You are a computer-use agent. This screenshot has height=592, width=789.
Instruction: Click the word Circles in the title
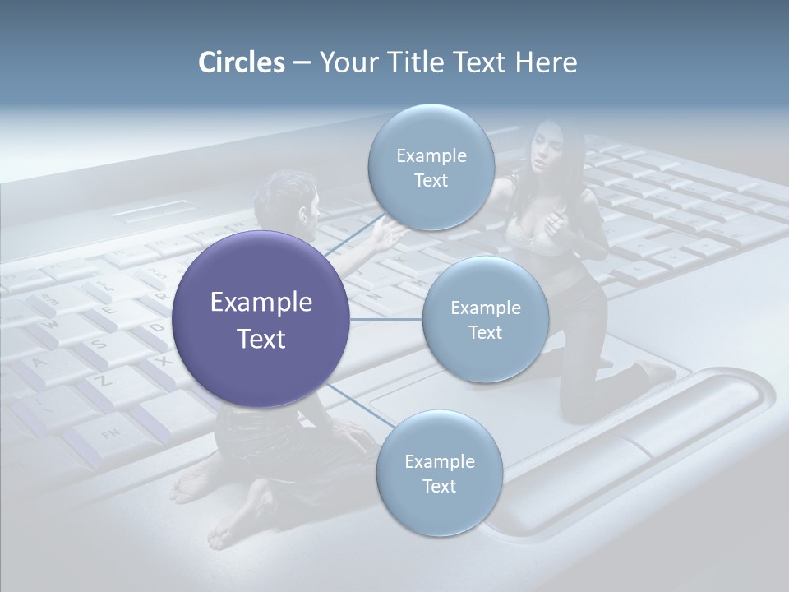click(241, 62)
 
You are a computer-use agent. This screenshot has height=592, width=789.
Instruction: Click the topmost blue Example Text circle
click(431, 167)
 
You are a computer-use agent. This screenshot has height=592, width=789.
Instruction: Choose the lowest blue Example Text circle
click(439, 474)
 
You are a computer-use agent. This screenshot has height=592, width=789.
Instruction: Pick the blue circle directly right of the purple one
click(485, 319)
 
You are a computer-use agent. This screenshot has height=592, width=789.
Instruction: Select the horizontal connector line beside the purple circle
click(385, 319)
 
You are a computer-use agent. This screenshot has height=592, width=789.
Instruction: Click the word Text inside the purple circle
click(261, 339)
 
